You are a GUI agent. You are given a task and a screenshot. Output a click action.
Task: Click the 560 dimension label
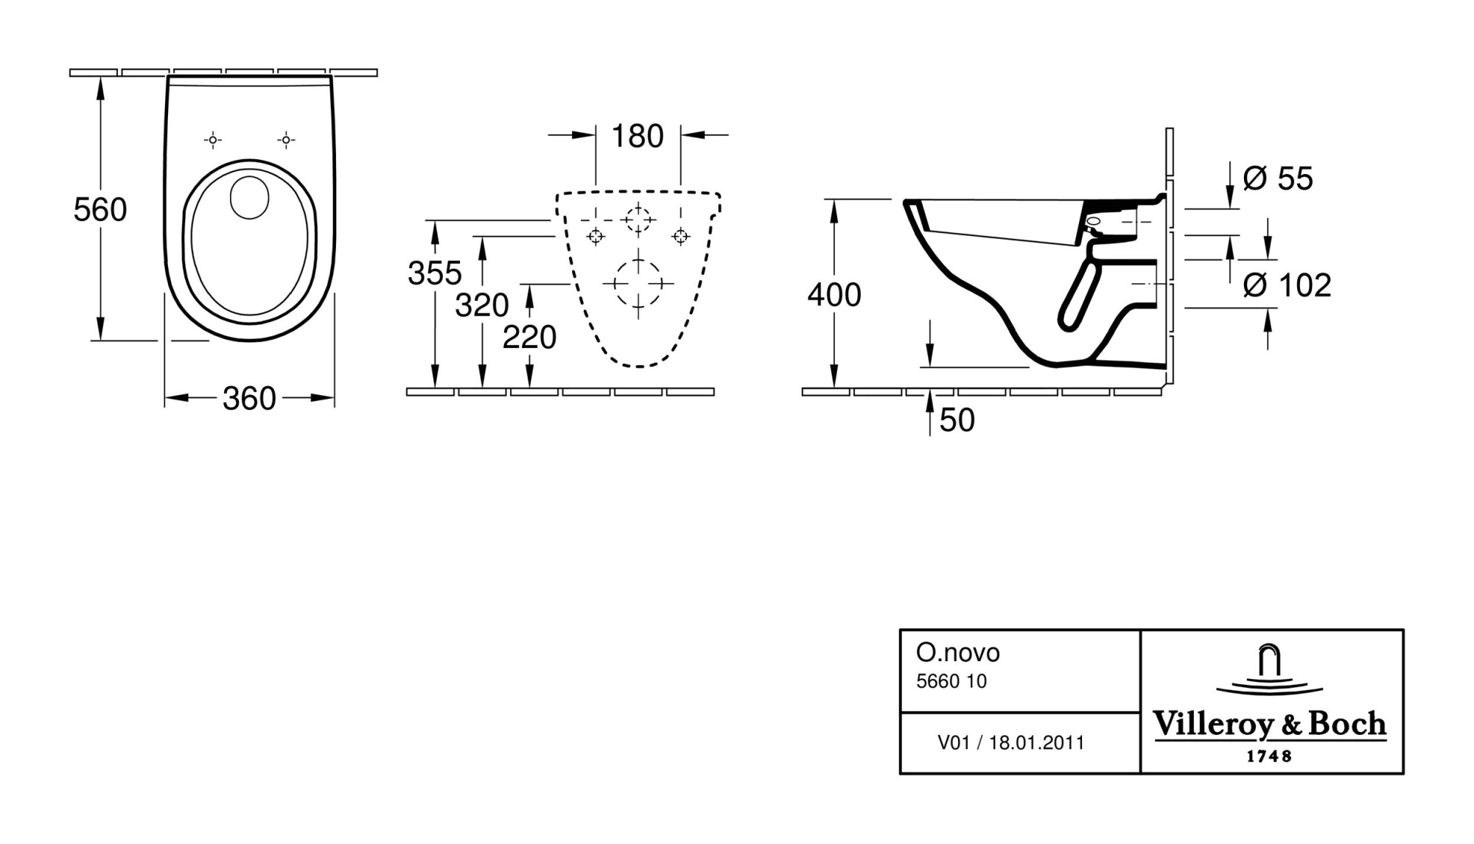pos(100,210)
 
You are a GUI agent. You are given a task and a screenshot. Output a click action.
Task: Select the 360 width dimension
pos(249,399)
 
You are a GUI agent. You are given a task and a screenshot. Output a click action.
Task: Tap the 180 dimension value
pos(638,136)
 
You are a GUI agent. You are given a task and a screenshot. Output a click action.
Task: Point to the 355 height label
pos(435,273)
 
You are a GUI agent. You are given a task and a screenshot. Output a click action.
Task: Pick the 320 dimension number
pos(482,305)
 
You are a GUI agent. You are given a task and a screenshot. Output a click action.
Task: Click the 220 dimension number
pos(529,338)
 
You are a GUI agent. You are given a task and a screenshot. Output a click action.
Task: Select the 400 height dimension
pos(834,295)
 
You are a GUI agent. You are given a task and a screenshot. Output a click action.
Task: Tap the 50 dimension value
pos(957,420)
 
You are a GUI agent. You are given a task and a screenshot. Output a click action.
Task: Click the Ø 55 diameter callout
pos(1279,178)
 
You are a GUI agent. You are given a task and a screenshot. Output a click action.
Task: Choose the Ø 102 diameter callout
pos(1288,285)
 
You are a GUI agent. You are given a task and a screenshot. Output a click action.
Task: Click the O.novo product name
pos(958,652)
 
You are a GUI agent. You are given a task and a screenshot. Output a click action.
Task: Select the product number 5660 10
pos(951,681)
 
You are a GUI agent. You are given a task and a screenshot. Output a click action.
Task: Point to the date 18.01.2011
pos(1037,742)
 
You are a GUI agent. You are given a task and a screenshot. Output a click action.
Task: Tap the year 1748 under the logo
pos(1268,756)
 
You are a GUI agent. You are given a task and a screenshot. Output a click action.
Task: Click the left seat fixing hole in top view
pos(213,139)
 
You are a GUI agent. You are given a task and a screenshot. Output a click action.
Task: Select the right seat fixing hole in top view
pos(286,139)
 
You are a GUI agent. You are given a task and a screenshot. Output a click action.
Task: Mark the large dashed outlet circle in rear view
pos(638,283)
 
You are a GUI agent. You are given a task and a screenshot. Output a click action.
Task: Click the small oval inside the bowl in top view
pos(250,197)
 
